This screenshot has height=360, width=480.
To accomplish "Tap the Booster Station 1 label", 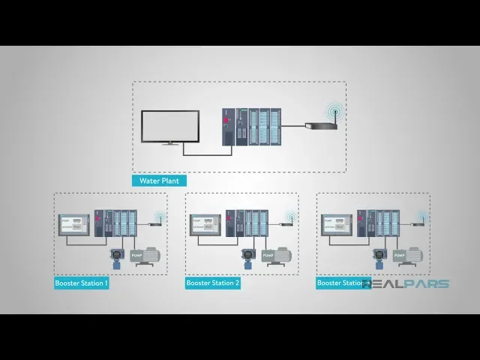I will click(82, 283).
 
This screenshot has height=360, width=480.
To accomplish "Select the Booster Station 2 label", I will click(213, 283).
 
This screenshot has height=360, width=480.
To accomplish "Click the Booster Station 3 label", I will click(342, 283).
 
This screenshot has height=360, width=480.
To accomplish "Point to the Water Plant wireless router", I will click(320, 124).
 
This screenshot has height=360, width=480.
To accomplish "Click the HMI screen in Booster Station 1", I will click(75, 226).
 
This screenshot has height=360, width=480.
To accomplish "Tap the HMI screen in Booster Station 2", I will click(206, 226).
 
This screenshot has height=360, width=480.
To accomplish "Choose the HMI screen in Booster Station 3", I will click(337, 226).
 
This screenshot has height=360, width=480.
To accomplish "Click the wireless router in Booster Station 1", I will click(157, 222).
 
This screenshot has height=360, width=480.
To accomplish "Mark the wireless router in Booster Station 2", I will click(288, 222).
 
